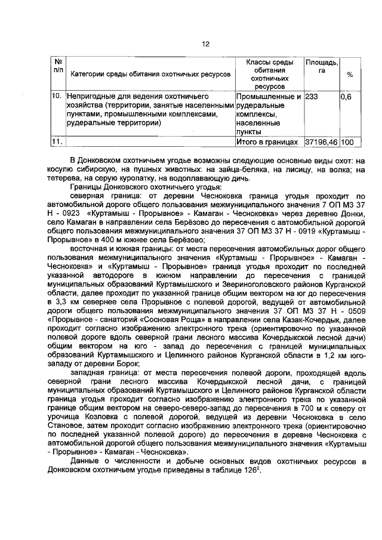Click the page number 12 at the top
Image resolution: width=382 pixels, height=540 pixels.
click(205, 44)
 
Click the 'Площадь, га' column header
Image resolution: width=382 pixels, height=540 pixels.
click(322, 66)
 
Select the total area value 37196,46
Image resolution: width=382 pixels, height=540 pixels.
click(321, 143)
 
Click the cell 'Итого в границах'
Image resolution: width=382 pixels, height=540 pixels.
click(267, 143)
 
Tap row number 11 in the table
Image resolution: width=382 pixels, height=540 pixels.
click(57, 143)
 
